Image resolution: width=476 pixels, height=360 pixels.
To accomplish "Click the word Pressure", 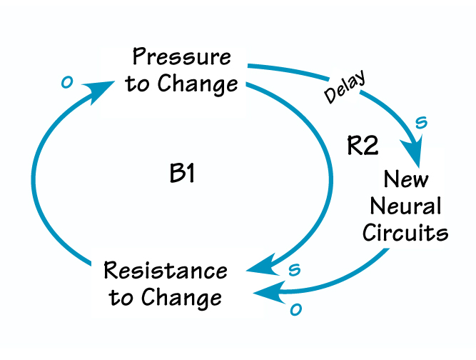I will coord(182,58).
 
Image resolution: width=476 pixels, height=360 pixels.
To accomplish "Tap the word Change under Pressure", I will coord(199,84).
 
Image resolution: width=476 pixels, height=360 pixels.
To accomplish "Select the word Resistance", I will coord(166,271).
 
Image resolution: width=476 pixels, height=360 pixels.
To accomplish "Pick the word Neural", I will coord(406,206).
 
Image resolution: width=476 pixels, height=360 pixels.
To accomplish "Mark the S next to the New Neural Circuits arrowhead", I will coord(421,123).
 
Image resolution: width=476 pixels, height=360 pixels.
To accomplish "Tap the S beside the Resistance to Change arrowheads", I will coord(293,269).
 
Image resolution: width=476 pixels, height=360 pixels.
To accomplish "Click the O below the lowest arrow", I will coord(294,310).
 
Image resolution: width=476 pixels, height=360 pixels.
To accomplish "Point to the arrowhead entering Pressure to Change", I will coord(101,89).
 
